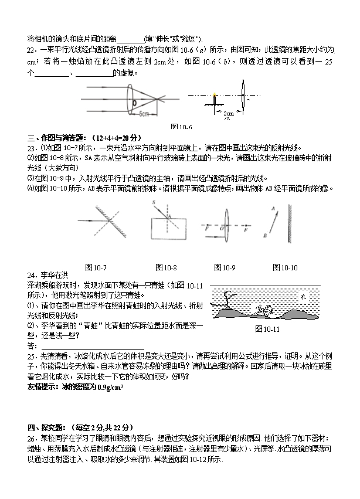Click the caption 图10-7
coord(96,268)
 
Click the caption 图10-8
coord(166,268)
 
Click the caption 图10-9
coord(225,268)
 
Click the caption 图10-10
coord(286,268)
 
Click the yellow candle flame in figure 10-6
coord(215,94)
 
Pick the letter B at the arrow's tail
coord(265,235)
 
